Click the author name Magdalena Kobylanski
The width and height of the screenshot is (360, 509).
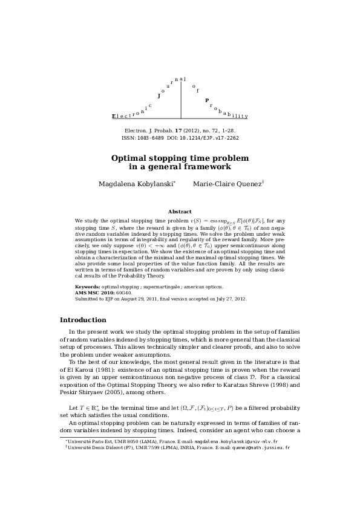[x=136, y=184]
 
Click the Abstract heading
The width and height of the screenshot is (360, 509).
[x=180, y=212]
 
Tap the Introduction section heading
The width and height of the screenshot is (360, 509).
[x=83, y=320]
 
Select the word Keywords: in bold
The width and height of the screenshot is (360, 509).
[x=87, y=286]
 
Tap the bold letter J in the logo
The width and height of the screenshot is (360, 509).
[x=159, y=96]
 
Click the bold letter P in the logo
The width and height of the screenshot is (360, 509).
[x=207, y=100]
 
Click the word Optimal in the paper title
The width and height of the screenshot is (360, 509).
[x=129, y=158]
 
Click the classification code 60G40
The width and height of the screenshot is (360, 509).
[x=124, y=292]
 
